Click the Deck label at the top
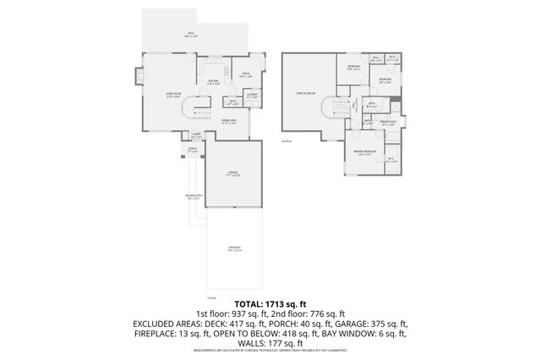tap(190, 35)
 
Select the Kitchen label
tap(214, 83)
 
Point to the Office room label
tap(245, 75)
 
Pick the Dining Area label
tap(229, 122)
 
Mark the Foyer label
tap(196, 135)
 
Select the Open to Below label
tap(306, 92)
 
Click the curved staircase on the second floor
tap(332, 107)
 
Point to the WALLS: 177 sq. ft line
tap(270, 344)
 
